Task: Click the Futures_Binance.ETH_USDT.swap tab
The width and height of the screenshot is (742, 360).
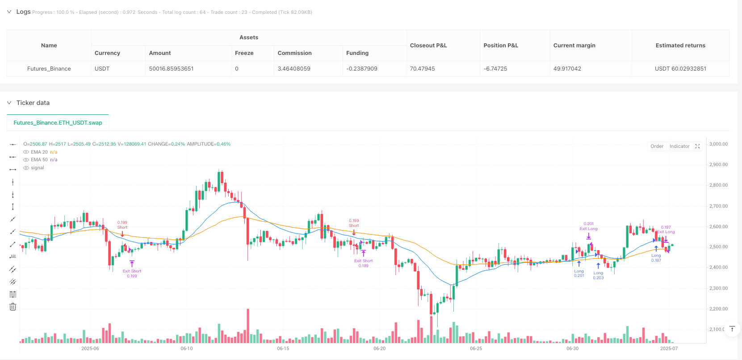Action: (58, 123)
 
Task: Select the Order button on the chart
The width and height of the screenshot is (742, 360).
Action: (657, 147)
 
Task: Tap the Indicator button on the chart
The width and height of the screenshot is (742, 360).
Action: (679, 147)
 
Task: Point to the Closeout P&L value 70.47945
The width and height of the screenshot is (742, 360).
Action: (422, 69)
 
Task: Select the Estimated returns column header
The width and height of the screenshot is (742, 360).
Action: (680, 46)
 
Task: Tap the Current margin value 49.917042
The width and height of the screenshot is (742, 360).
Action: (567, 69)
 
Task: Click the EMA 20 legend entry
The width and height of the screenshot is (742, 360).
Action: (39, 152)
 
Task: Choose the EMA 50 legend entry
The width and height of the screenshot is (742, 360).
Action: (39, 160)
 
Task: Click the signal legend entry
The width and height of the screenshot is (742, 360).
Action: (38, 168)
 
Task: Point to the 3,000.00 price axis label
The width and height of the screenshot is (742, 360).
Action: (718, 144)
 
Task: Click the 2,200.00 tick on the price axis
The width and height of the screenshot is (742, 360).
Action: (718, 309)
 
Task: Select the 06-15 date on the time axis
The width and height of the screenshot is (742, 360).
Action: (283, 348)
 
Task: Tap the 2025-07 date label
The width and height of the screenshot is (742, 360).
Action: (669, 348)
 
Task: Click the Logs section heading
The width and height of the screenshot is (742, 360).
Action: (23, 12)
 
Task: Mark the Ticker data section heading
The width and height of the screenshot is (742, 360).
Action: (33, 103)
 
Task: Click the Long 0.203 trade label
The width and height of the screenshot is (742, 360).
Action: (598, 275)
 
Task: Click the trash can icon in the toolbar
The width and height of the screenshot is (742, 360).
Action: (13, 307)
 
